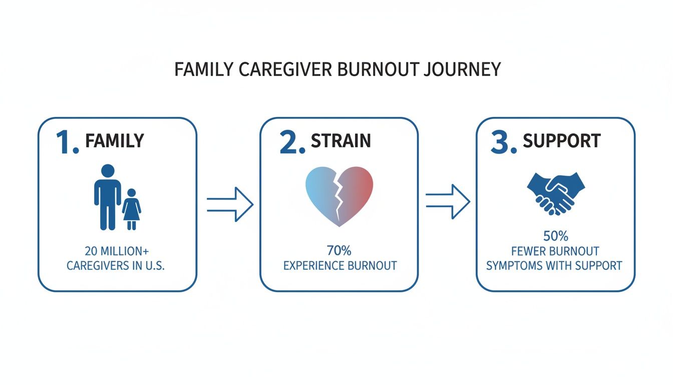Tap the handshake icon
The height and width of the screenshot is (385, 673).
pyautogui.click(x=556, y=193)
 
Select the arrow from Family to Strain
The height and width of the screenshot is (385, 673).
pyautogui.click(x=230, y=204)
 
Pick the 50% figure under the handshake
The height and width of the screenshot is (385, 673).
pyautogui.click(x=555, y=236)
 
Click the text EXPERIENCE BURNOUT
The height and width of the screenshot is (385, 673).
pyautogui.click(x=340, y=265)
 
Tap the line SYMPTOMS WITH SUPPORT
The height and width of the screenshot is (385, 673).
pyautogui.click(x=555, y=265)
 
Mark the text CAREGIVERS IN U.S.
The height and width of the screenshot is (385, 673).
pyautogui.click(x=116, y=266)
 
